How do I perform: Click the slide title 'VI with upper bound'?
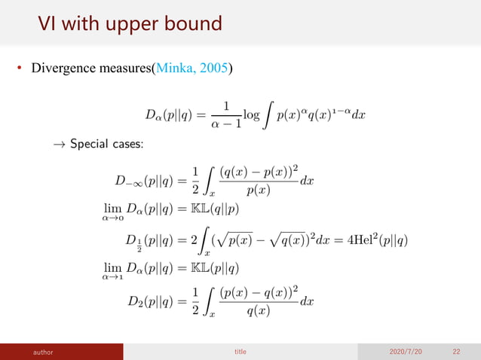point(130,24)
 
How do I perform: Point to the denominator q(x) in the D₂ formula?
point(260,311)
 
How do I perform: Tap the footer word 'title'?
point(240,351)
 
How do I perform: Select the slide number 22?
point(457,351)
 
